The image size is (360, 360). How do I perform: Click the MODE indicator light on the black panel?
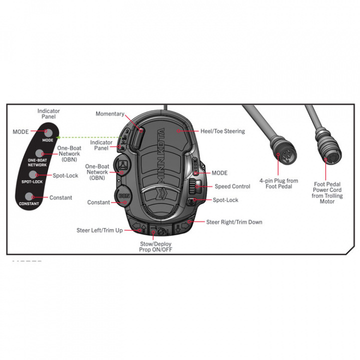[x=48, y=132]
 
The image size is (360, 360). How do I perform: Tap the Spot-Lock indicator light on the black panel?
[x=33, y=174]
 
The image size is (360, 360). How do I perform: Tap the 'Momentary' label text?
[x=110, y=114]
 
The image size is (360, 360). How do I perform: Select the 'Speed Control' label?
[x=232, y=186]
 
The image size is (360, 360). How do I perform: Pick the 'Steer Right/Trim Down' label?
[x=234, y=222]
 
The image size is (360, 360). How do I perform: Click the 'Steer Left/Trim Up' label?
[x=99, y=230]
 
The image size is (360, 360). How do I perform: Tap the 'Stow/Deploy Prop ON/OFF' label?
[x=158, y=246]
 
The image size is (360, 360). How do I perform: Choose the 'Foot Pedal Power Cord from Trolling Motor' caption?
[x=324, y=192]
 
